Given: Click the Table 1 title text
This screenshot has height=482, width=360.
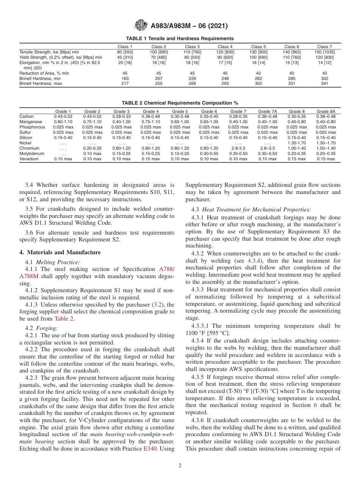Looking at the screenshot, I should pos(180,39).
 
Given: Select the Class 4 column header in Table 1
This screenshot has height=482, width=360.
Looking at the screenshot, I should pos(225,47).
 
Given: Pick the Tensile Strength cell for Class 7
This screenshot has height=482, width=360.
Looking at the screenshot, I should pos(324,52).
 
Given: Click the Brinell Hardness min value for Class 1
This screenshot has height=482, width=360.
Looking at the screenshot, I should pos(125,78).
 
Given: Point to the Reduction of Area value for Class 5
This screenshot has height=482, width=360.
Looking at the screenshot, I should pos(258,73).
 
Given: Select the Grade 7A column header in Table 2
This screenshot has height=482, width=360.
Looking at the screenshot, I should pos(267,111).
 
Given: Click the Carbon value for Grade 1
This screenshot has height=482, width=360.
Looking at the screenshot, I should pos(63,116).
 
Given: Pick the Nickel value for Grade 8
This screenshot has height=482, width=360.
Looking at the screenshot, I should pos(296,143).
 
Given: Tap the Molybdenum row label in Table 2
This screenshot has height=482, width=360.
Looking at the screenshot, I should pos(32,154).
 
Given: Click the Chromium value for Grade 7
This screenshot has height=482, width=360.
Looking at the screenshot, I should pos(238,149).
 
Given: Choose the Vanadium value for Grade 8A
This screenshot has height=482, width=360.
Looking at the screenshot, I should pos(326,159).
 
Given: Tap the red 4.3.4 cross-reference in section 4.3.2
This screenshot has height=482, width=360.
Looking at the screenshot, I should pos(254,261).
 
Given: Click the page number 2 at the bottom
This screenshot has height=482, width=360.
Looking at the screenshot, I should pos(180,466).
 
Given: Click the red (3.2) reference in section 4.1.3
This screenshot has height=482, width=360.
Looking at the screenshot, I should pos(158,304).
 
